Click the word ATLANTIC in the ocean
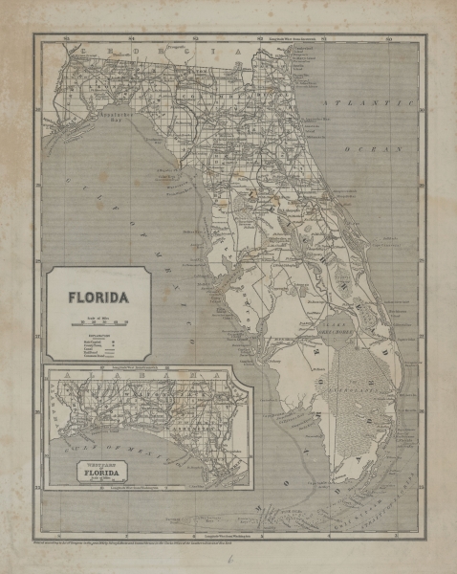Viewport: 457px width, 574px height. [368, 102]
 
